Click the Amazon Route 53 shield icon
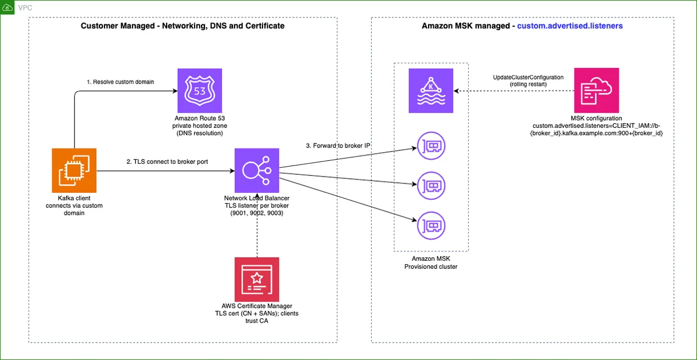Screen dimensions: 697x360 (x=199, y=91)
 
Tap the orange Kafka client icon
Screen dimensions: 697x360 (x=74, y=171)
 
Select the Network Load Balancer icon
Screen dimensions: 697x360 (x=257, y=171)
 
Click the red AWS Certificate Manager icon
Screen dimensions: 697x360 (x=257, y=279)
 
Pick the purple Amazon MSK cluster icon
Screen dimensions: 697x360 (x=431, y=91)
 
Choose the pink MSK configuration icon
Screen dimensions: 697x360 (x=597, y=91)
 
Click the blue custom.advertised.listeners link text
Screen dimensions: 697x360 (x=570, y=26)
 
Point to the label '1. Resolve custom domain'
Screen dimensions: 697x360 (x=120, y=82)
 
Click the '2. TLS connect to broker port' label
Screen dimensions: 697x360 (x=167, y=161)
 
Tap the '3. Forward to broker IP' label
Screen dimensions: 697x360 (x=338, y=146)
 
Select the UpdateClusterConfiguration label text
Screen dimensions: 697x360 (x=528, y=77)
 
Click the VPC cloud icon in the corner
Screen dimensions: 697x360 (x=7, y=8)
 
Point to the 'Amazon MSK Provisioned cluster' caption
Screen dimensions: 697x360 (x=431, y=262)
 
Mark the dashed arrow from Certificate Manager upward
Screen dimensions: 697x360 (x=257, y=225)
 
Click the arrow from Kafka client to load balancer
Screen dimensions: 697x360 (x=166, y=171)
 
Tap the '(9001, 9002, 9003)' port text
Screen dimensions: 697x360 (x=257, y=213)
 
